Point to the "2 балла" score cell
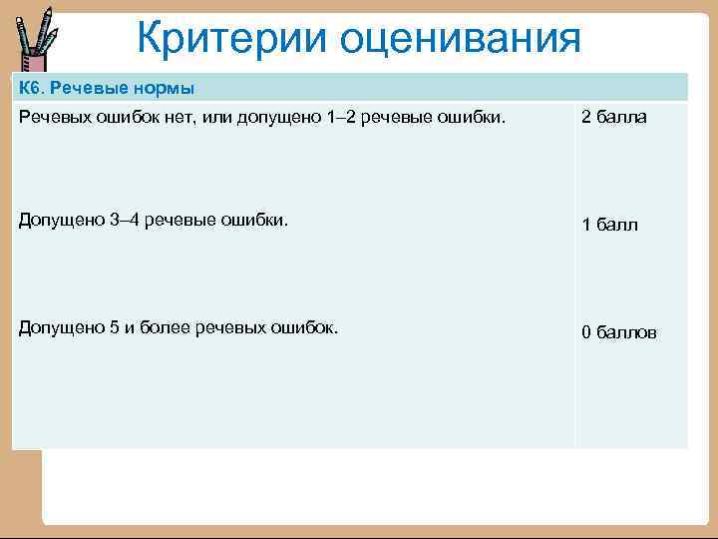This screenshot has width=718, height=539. click(x=614, y=118)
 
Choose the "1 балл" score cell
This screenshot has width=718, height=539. click(x=610, y=226)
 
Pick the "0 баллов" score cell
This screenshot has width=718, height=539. click(x=619, y=332)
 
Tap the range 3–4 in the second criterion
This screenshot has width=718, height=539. click(x=125, y=221)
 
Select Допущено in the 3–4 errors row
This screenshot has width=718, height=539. click(x=59, y=221)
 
